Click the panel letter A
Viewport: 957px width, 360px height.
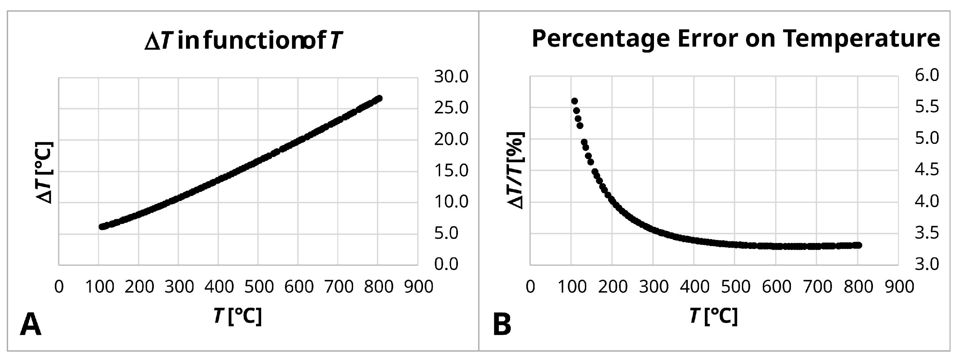click(30, 325)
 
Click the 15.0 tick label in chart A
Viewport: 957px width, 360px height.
click(451, 171)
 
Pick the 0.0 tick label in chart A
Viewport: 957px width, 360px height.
click(447, 265)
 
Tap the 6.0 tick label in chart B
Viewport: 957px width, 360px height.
click(927, 75)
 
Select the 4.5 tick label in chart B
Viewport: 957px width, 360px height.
click(927, 170)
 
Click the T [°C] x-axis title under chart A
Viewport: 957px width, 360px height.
click(238, 316)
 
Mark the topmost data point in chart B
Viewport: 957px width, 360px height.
click(574, 101)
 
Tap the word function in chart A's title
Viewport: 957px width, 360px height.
click(252, 41)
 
